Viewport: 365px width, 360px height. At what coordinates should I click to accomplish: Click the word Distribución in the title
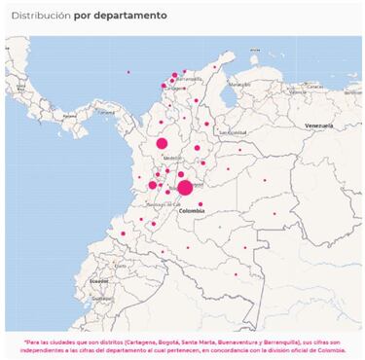coord(40,17)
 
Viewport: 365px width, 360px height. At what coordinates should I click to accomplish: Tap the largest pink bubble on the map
coord(185,187)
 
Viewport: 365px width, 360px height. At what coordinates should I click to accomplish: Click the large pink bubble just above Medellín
coord(163,143)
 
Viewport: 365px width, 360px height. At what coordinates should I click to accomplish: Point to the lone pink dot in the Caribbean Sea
coord(128,72)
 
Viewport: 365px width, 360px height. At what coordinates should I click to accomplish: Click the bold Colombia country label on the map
coord(192,210)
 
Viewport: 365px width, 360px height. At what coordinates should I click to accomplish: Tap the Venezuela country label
coord(318,126)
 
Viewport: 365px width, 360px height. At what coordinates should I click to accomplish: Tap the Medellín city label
coord(172,157)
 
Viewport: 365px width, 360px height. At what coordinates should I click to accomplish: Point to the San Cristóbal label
coord(233,132)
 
